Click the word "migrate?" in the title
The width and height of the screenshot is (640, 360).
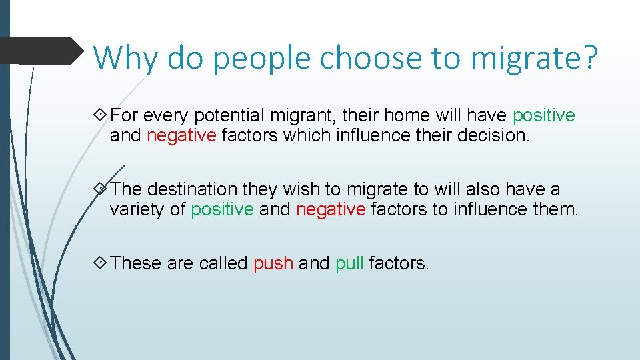click(x=534, y=58)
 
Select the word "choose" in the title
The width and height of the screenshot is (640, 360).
click(x=370, y=58)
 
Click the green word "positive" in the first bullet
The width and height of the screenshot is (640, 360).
click(x=543, y=115)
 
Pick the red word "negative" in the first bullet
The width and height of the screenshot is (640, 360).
click(x=181, y=135)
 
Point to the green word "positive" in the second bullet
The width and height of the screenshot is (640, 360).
click(x=222, y=209)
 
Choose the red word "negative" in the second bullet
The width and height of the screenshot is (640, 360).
click(x=331, y=209)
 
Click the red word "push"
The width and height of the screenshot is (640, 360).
click(x=273, y=263)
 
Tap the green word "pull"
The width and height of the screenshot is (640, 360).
click(x=349, y=263)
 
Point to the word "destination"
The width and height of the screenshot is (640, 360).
click(x=193, y=189)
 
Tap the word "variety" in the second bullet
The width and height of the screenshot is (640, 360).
click(x=137, y=209)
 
